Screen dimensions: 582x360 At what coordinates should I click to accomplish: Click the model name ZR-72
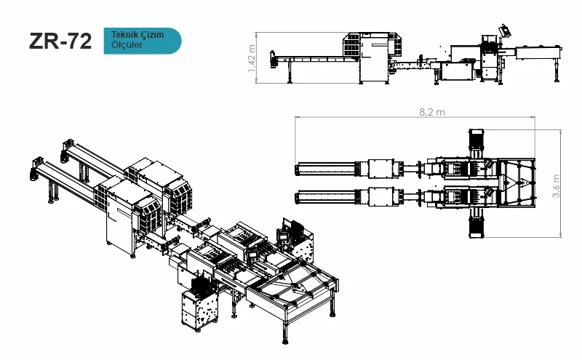click(x=60, y=41)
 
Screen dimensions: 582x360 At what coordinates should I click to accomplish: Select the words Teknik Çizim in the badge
click(x=137, y=35)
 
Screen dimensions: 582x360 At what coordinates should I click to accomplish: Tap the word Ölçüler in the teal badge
click(x=127, y=44)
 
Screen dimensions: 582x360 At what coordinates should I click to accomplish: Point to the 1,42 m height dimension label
click(x=252, y=58)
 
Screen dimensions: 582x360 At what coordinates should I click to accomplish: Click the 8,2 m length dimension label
click(x=432, y=112)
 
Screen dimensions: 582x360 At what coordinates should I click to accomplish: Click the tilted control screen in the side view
click(x=504, y=30)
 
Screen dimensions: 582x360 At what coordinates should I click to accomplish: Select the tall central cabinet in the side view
click(x=374, y=60)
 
